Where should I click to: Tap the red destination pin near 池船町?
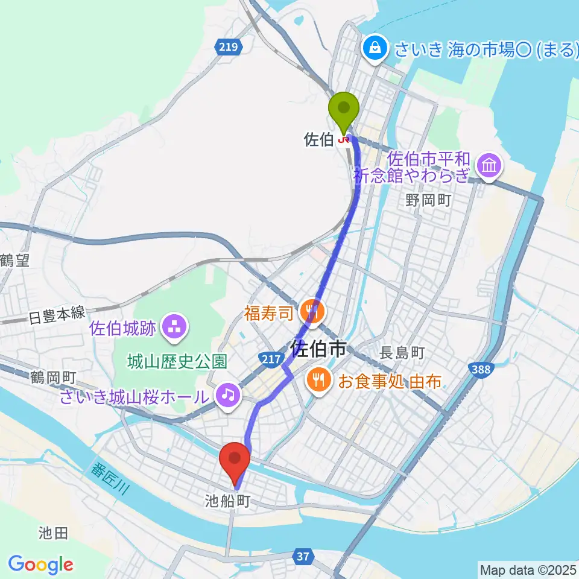tap(236, 461)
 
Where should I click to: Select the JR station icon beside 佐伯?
tap(344, 141)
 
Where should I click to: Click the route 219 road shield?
tap(230, 46)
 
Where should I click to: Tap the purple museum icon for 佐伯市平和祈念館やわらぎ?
tap(488, 165)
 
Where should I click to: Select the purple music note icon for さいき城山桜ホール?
tap(227, 396)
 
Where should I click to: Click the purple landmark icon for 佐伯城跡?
tap(176, 327)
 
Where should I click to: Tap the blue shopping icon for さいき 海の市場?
tap(375, 48)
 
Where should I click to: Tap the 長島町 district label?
tap(403, 353)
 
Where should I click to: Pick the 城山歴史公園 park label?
tap(177, 361)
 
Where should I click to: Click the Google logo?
tap(40, 565)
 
